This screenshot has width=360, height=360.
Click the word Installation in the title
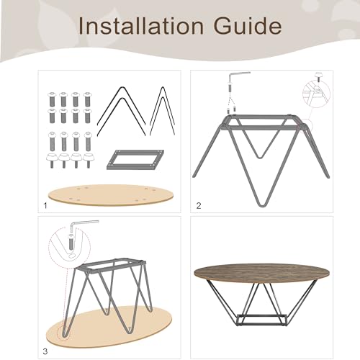pos(141,26)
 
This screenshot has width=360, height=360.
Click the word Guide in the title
pos(248,26)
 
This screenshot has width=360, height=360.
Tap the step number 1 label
pos(45,206)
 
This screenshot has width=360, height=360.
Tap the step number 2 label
pos(199,206)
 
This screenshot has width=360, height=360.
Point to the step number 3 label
pos(45,351)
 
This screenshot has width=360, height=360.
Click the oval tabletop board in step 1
pos(111,195)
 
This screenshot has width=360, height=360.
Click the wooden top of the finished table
pos(261,273)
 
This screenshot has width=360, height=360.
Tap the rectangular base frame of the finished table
pos(262,320)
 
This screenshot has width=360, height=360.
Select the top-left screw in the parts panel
pos(52,99)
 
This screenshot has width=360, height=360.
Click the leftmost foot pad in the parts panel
pos(52,161)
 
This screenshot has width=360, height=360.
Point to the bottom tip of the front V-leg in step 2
pos(262,206)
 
